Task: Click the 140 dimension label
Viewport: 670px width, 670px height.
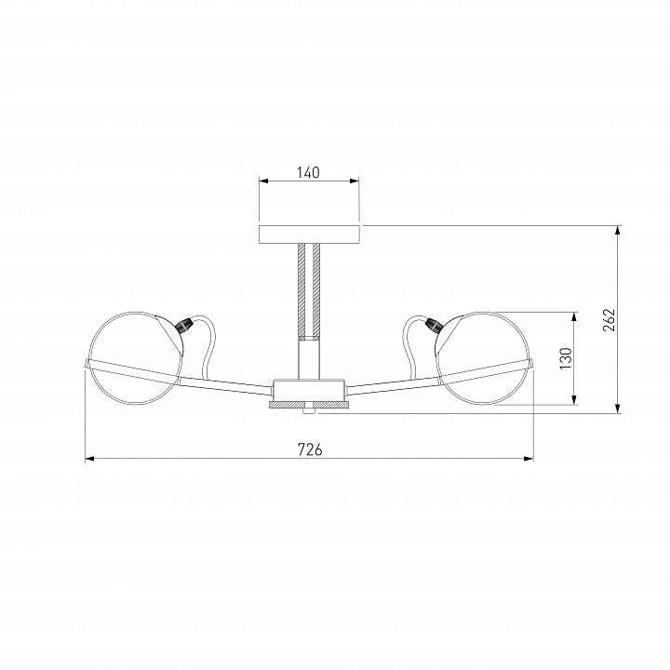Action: (308, 173)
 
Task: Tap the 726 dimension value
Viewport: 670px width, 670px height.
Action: (310, 449)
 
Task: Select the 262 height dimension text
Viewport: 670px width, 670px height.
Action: (609, 319)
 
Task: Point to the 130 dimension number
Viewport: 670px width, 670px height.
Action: (566, 358)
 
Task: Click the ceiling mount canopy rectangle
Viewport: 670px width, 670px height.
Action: (309, 234)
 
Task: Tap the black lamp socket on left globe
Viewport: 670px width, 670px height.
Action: (184, 326)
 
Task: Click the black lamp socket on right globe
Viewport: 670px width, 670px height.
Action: (433, 326)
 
